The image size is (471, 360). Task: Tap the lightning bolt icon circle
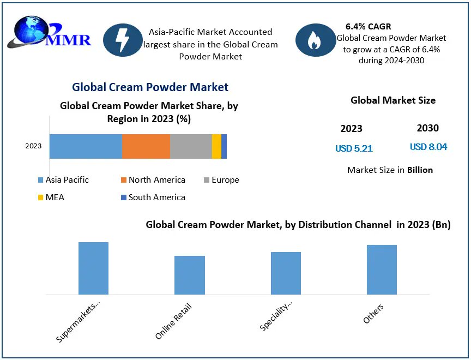pos(123,40)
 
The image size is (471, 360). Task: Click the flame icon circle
pos(315,40)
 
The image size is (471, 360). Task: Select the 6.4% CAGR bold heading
pos(368,26)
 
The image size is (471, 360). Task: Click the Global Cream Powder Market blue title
pos(150,87)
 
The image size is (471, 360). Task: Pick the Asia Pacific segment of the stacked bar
pos(86,146)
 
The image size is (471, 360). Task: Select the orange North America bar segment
pos(146,146)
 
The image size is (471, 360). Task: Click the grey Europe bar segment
pos(191,146)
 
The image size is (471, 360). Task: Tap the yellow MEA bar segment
pos(216,146)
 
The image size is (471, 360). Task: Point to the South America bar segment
pos(224,146)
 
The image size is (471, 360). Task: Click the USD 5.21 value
pos(354,148)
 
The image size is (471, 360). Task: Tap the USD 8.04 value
pos(428,147)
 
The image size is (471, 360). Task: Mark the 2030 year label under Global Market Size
pos(427,128)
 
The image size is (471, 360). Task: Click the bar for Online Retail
pos(190,275)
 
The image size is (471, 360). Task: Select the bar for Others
pos(382,269)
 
